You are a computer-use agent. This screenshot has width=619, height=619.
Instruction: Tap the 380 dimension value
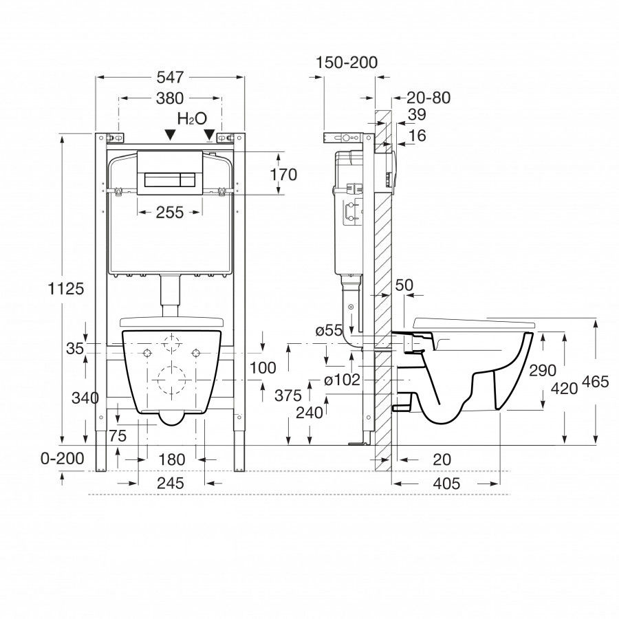[170, 98]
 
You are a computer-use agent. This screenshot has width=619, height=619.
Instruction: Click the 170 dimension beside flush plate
[283, 175]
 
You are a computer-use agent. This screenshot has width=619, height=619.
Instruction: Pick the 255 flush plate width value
[170, 213]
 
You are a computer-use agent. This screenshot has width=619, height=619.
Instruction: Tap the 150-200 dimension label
[347, 63]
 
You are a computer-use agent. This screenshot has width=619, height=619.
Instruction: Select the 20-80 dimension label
[427, 98]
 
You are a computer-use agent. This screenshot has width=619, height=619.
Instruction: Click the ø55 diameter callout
[329, 331]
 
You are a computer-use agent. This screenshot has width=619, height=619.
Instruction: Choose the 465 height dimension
[594, 382]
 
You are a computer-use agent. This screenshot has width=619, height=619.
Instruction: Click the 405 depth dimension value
[446, 484]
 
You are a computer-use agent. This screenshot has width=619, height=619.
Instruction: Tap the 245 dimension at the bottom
[170, 484]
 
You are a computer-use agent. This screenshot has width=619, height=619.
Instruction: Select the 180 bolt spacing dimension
[170, 459]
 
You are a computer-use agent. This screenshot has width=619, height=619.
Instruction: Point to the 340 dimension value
[85, 398]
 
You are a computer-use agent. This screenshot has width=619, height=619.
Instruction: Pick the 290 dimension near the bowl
[543, 370]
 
